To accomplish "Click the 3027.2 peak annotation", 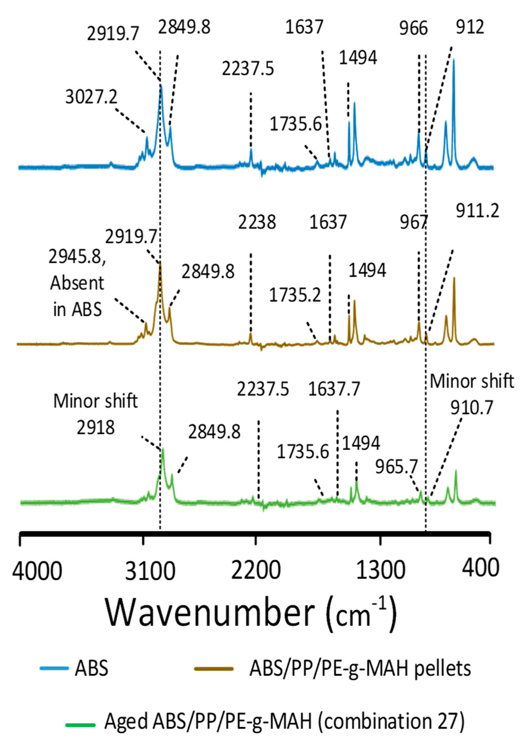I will pyautogui.click(x=91, y=97).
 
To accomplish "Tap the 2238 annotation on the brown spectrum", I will pyautogui.click(x=257, y=222).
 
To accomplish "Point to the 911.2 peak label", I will pyautogui.click(x=477, y=211).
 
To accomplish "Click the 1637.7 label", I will pyautogui.click(x=334, y=389).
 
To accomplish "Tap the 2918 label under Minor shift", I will pyautogui.click(x=96, y=428).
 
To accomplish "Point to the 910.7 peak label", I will pyautogui.click(x=472, y=407).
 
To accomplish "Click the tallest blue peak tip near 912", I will pyautogui.click(x=454, y=60).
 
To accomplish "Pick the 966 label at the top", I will pyautogui.click(x=413, y=29).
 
